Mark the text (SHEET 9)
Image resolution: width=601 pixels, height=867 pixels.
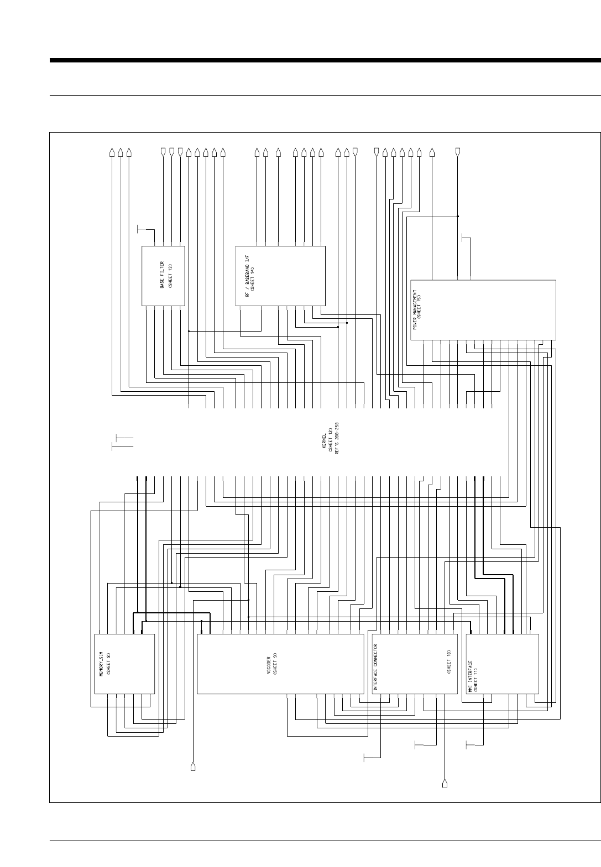pyautogui.click(x=275, y=664)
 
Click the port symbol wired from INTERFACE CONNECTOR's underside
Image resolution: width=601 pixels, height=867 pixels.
pyautogui.click(x=445, y=782)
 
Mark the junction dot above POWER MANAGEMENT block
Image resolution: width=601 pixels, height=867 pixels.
pyautogui.click(x=458, y=216)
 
